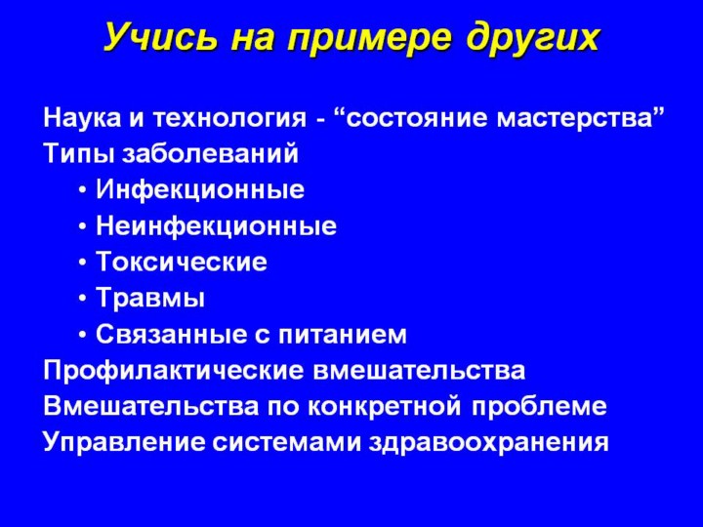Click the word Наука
[x=82, y=118]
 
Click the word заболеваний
[x=210, y=154]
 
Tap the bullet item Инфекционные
[x=200, y=190]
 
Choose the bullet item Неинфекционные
[x=216, y=226]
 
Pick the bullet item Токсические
[x=182, y=262]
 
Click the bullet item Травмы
[x=150, y=298]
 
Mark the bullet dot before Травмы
[x=82, y=299]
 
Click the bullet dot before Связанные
[x=82, y=335]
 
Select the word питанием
[x=343, y=335]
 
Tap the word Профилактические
[x=174, y=371]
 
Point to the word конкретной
[x=385, y=407]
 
